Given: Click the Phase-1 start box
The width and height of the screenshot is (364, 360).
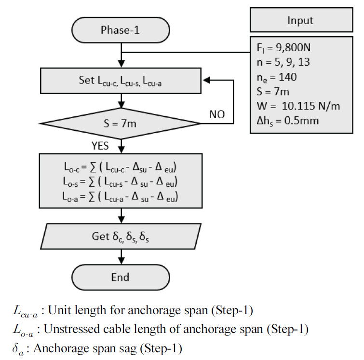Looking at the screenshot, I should (120, 30).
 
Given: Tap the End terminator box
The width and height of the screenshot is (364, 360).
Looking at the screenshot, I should (120, 277).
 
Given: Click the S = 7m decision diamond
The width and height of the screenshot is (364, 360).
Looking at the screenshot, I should (120, 123).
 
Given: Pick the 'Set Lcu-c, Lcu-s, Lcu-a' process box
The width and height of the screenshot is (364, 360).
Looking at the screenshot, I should (120, 81).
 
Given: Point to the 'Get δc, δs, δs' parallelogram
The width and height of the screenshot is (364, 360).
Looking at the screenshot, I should (120, 236).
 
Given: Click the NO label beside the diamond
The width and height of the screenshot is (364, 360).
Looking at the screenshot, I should (217, 115).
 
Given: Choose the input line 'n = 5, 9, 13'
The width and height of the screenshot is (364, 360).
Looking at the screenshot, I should (281, 62).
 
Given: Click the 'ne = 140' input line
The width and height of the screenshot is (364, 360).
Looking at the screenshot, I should (277, 77).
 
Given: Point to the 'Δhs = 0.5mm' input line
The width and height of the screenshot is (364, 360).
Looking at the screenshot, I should (287, 120).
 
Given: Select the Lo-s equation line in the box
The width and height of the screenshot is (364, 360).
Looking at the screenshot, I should (120, 182).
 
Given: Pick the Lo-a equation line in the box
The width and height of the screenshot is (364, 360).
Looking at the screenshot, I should (120, 196).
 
